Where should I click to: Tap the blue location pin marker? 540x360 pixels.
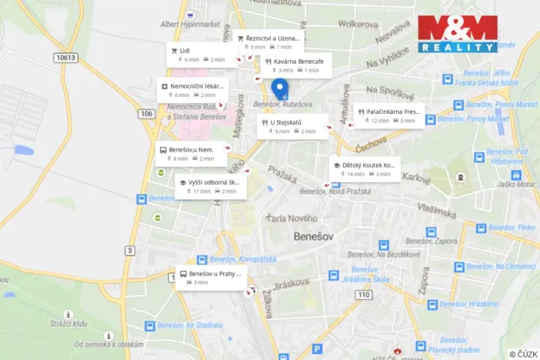(281, 89)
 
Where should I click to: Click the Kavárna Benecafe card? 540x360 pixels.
(295, 65)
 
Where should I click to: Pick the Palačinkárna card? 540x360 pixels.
(388, 115)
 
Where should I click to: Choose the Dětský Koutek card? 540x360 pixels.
(365, 168)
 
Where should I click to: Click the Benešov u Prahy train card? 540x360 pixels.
(212, 277)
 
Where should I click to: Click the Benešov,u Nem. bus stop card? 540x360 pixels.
(192, 153)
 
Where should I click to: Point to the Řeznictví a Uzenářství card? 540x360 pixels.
(269, 42)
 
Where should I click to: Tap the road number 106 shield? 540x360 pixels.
(147, 113)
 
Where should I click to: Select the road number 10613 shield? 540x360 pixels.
(66, 58)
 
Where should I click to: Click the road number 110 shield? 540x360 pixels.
(363, 295)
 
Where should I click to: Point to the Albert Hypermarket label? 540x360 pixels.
(189, 24)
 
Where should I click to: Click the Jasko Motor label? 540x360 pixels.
(515, 185)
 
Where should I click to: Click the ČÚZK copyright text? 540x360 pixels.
(523, 353)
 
